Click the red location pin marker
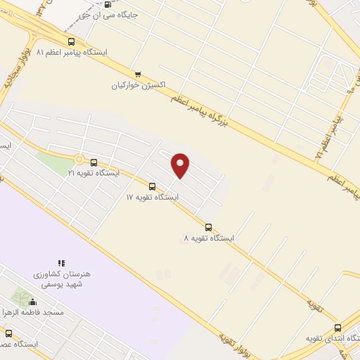point(181,165)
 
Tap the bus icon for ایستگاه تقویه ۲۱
point(94,162)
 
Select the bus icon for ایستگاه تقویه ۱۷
point(152,186)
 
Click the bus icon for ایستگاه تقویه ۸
point(208,227)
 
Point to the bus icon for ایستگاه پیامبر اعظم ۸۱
point(70,41)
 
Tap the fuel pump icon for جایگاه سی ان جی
point(107,4)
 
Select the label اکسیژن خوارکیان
point(138,85)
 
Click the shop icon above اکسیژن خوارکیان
point(138,74)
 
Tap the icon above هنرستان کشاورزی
point(62,263)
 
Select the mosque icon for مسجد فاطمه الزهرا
point(32,302)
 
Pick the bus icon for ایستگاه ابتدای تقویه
point(338,328)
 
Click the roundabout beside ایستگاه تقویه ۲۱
point(79,160)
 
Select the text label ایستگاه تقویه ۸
point(208,238)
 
